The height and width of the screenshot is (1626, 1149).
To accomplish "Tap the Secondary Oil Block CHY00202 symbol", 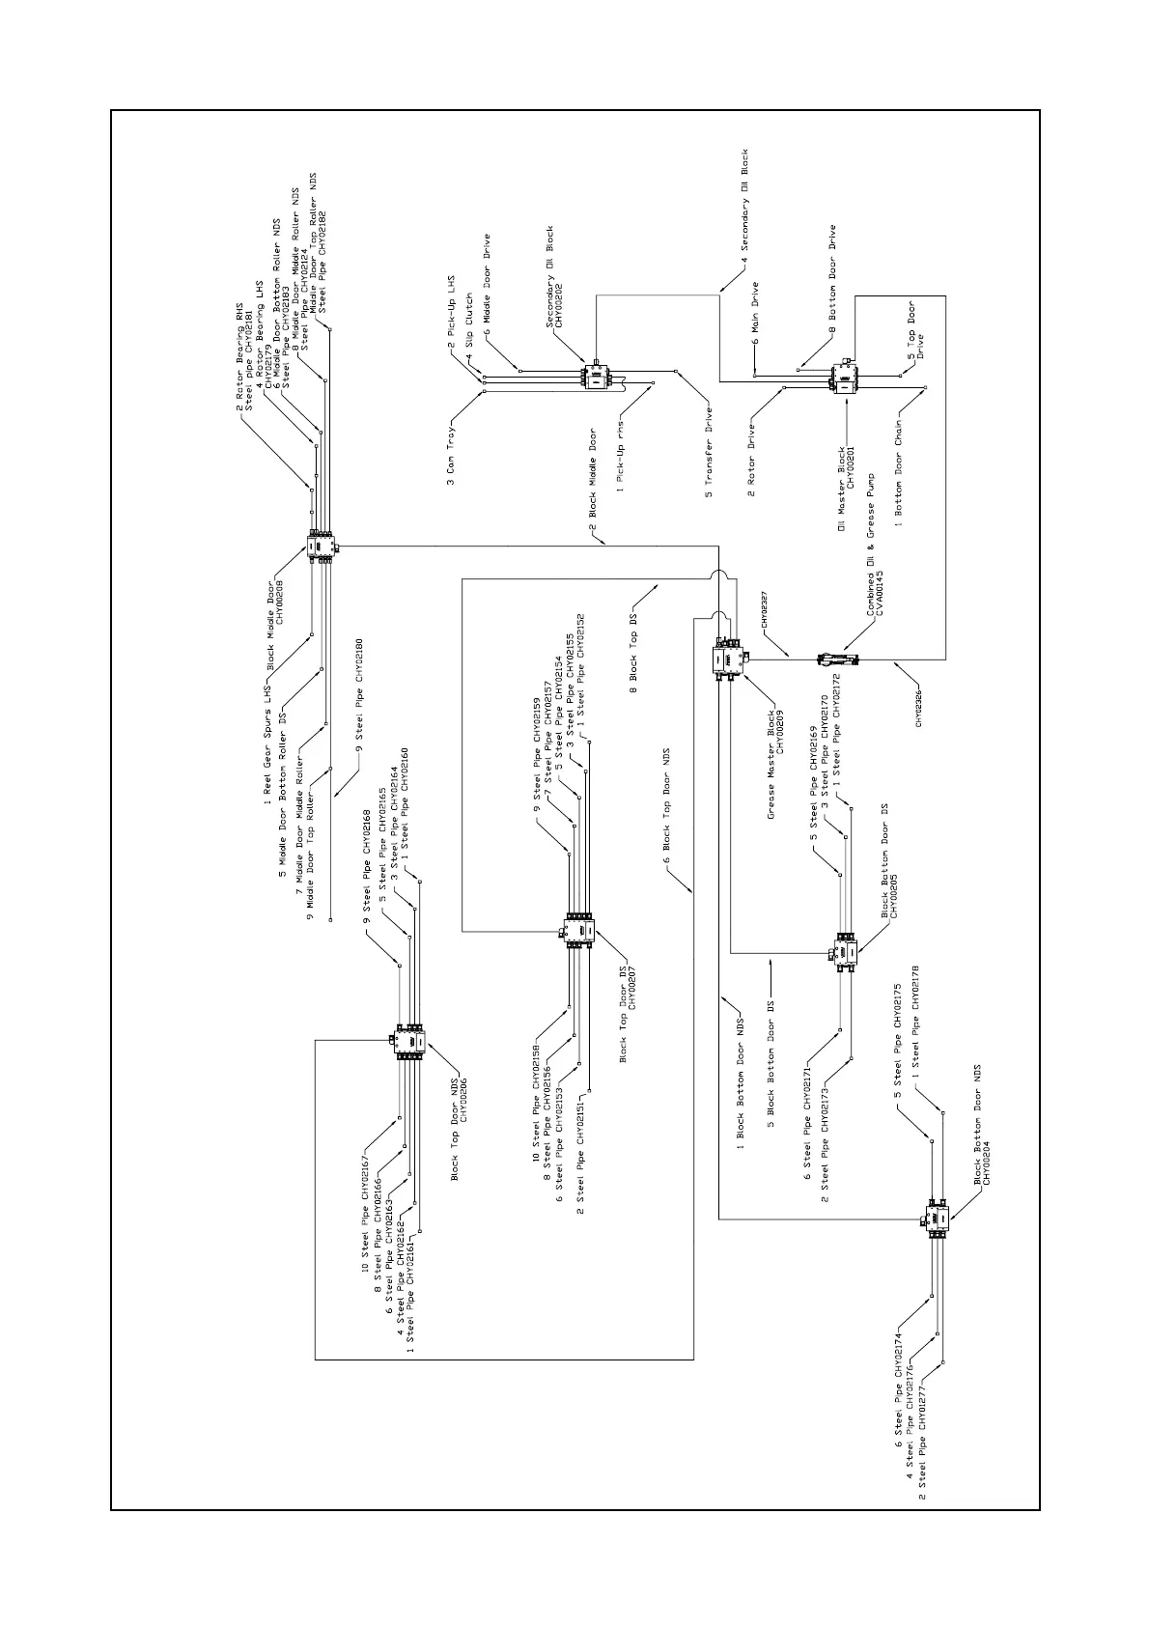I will (597, 377).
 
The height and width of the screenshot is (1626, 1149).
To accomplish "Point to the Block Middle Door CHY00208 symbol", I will (320, 547).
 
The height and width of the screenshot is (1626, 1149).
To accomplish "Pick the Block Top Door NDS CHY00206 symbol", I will (409, 1042).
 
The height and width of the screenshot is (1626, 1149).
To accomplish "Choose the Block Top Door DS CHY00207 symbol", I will (578, 930).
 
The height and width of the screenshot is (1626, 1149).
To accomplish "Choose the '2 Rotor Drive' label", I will (751, 457).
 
